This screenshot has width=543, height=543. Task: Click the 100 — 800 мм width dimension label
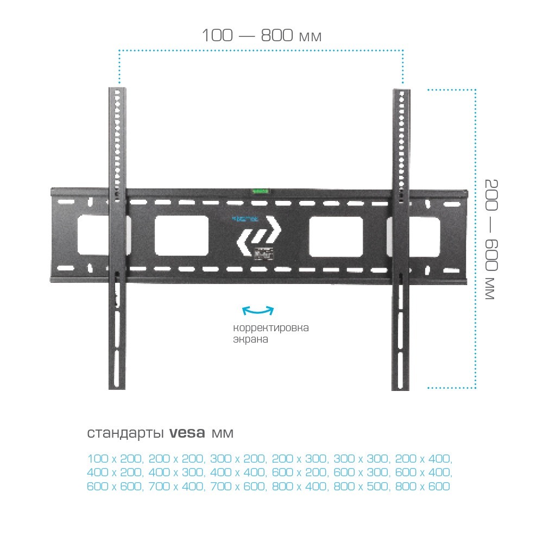tap(262, 36)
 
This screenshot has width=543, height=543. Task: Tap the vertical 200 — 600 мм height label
tap(490, 239)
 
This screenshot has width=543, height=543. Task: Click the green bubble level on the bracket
tap(260, 190)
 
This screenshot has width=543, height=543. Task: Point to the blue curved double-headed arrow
tap(258, 311)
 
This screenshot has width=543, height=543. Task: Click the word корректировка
tap(271, 329)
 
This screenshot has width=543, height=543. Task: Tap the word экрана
tap(251, 340)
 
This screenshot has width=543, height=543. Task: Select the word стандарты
tap(126, 433)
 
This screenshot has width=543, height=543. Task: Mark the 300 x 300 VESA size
tap(361, 459)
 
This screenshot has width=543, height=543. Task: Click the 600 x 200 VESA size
tap(299, 472)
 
